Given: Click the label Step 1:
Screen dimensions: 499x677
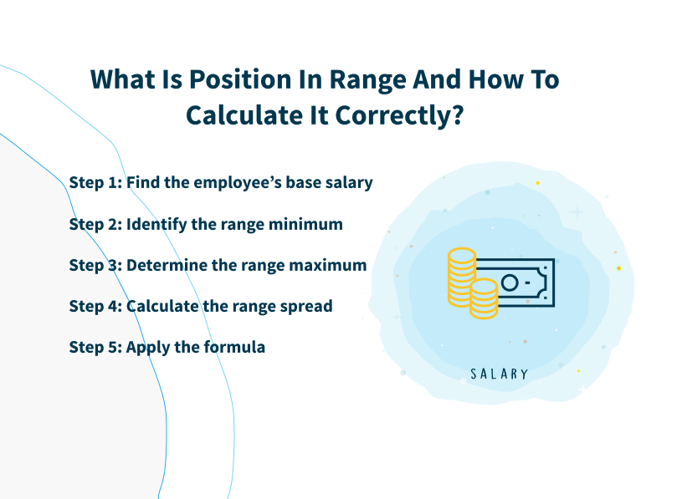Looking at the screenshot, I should pyautogui.click(x=95, y=182).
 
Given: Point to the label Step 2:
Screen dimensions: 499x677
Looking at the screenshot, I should pyautogui.click(x=95, y=223).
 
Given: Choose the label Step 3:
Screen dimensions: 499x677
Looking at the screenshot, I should pyautogui.click(x=95, y=264).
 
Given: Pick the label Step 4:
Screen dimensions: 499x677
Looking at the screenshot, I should pyautogui.click(x=95, y=305).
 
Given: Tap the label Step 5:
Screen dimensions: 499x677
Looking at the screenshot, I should pyautogui.click(x=95, y=346).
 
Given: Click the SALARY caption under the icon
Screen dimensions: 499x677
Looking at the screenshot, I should pyautogui.click(x=499, y=374).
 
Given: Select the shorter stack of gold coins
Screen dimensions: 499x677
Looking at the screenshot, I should pyautogui.click(x=484, y=298).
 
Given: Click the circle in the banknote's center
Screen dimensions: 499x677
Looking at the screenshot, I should pyautogui.click(x=509, y=283).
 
